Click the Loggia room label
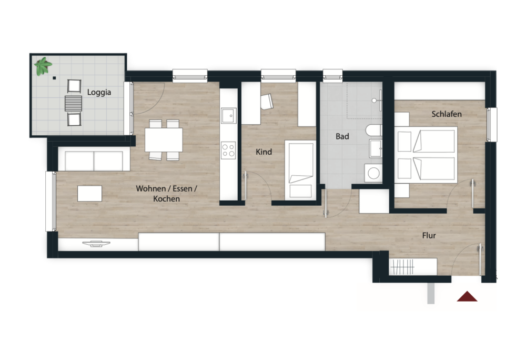[x=99, y=92]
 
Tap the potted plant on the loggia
[x=43, y=66]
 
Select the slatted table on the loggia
[x=74, y=103]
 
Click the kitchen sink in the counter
[x=229, y=115]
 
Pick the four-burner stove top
[x=228, y=150]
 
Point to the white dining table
[x=164, y=139]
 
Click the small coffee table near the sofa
[x=89, y=194]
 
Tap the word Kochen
[x=166, y=199]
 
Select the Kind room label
[x=264, y=152]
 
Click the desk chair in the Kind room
[x=267, y=102]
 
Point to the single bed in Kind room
[x=300, y=171]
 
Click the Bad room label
[x=342, y=136]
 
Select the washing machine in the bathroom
[x=373, y=173]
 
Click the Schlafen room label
[x=447, y=114]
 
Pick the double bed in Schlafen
[x=426, y=155]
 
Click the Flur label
[x=429, y=236]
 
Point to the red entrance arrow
[x=467, y=297]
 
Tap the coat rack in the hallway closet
[x=403, y=267]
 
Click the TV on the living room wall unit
[x=96, y=243]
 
